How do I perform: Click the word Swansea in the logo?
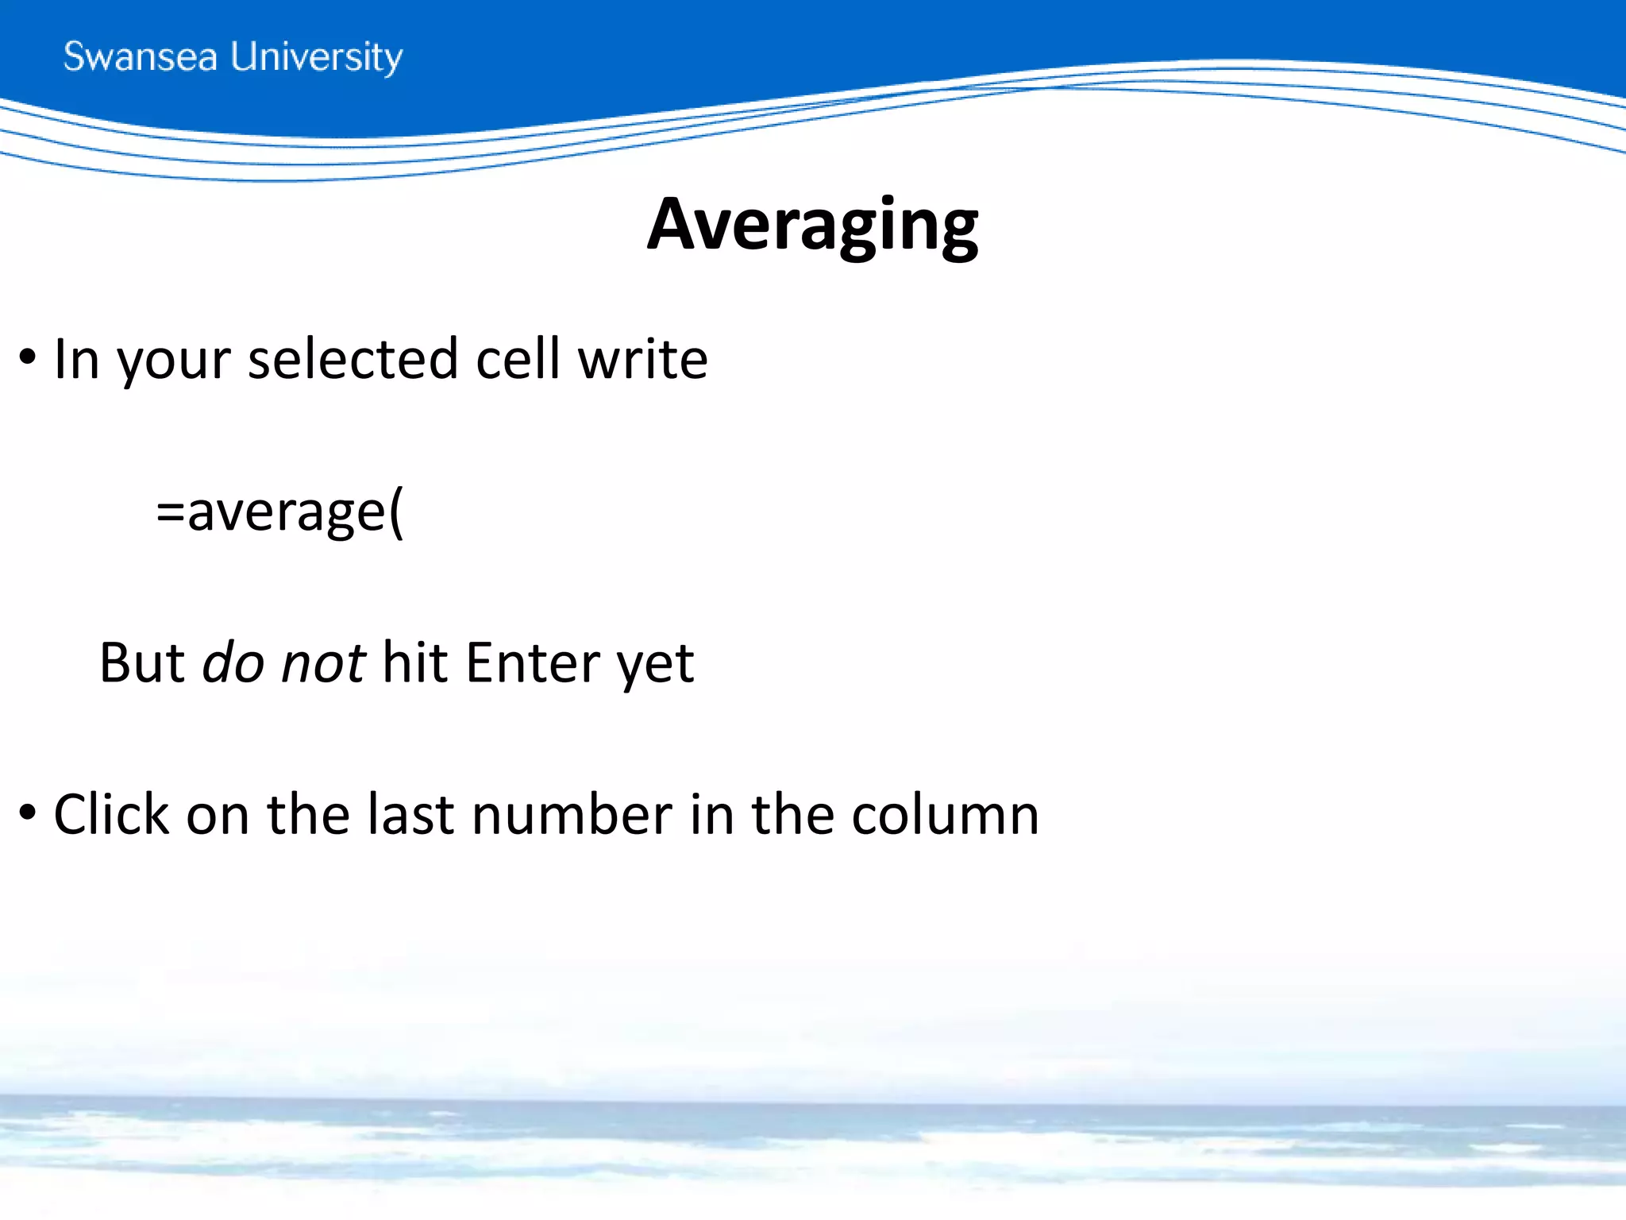[140, 57]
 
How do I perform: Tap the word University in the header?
[317, 58]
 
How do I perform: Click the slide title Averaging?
[812, 225]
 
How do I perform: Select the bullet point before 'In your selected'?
[28, 358]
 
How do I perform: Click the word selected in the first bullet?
[353, 359]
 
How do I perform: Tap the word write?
[642, 359]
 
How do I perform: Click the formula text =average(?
[279, 512]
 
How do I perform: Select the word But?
[142, 662]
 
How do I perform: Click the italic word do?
[233, 662]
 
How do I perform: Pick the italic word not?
[323, 662]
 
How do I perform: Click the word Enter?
[534, 662]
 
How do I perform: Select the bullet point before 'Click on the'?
[28, 814]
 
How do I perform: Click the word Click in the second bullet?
[111, 814]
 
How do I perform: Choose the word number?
[572, 814]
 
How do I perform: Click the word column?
[945, 814]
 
